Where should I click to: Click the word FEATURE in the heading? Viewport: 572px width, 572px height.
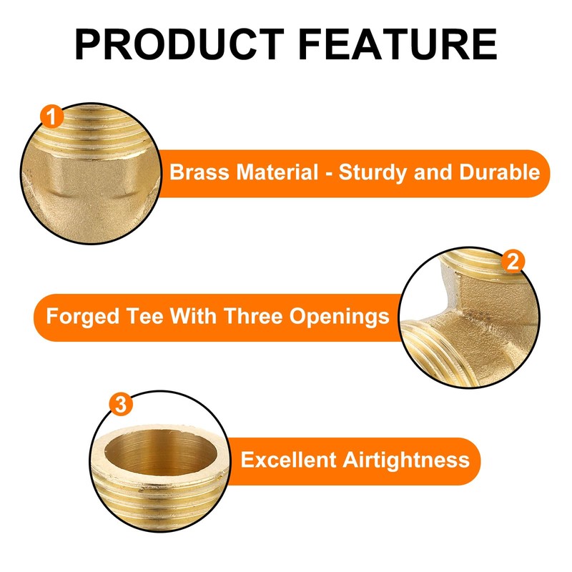(398, 44)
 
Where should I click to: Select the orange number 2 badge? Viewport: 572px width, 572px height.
(511, 262)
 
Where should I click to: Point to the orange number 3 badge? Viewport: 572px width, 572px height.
(120, 405)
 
